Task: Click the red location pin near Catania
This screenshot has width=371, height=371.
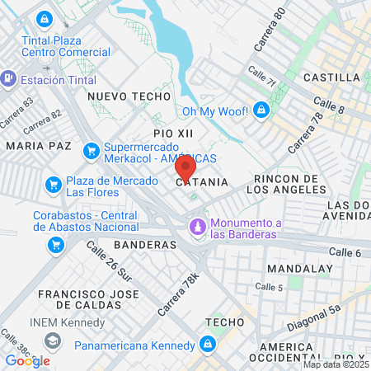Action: point(185,167)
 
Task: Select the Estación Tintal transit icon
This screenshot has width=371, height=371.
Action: point(9,79)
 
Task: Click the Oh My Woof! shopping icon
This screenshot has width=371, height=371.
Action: point(261,109)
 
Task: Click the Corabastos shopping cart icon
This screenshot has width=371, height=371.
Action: point(56,244)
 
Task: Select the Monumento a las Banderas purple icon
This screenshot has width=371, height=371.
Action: point(197,225)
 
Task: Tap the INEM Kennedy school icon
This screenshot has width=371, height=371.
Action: point(54,340)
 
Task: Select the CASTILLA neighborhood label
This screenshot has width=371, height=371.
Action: point(331,77)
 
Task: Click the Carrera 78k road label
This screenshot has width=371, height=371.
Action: point(185,290)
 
